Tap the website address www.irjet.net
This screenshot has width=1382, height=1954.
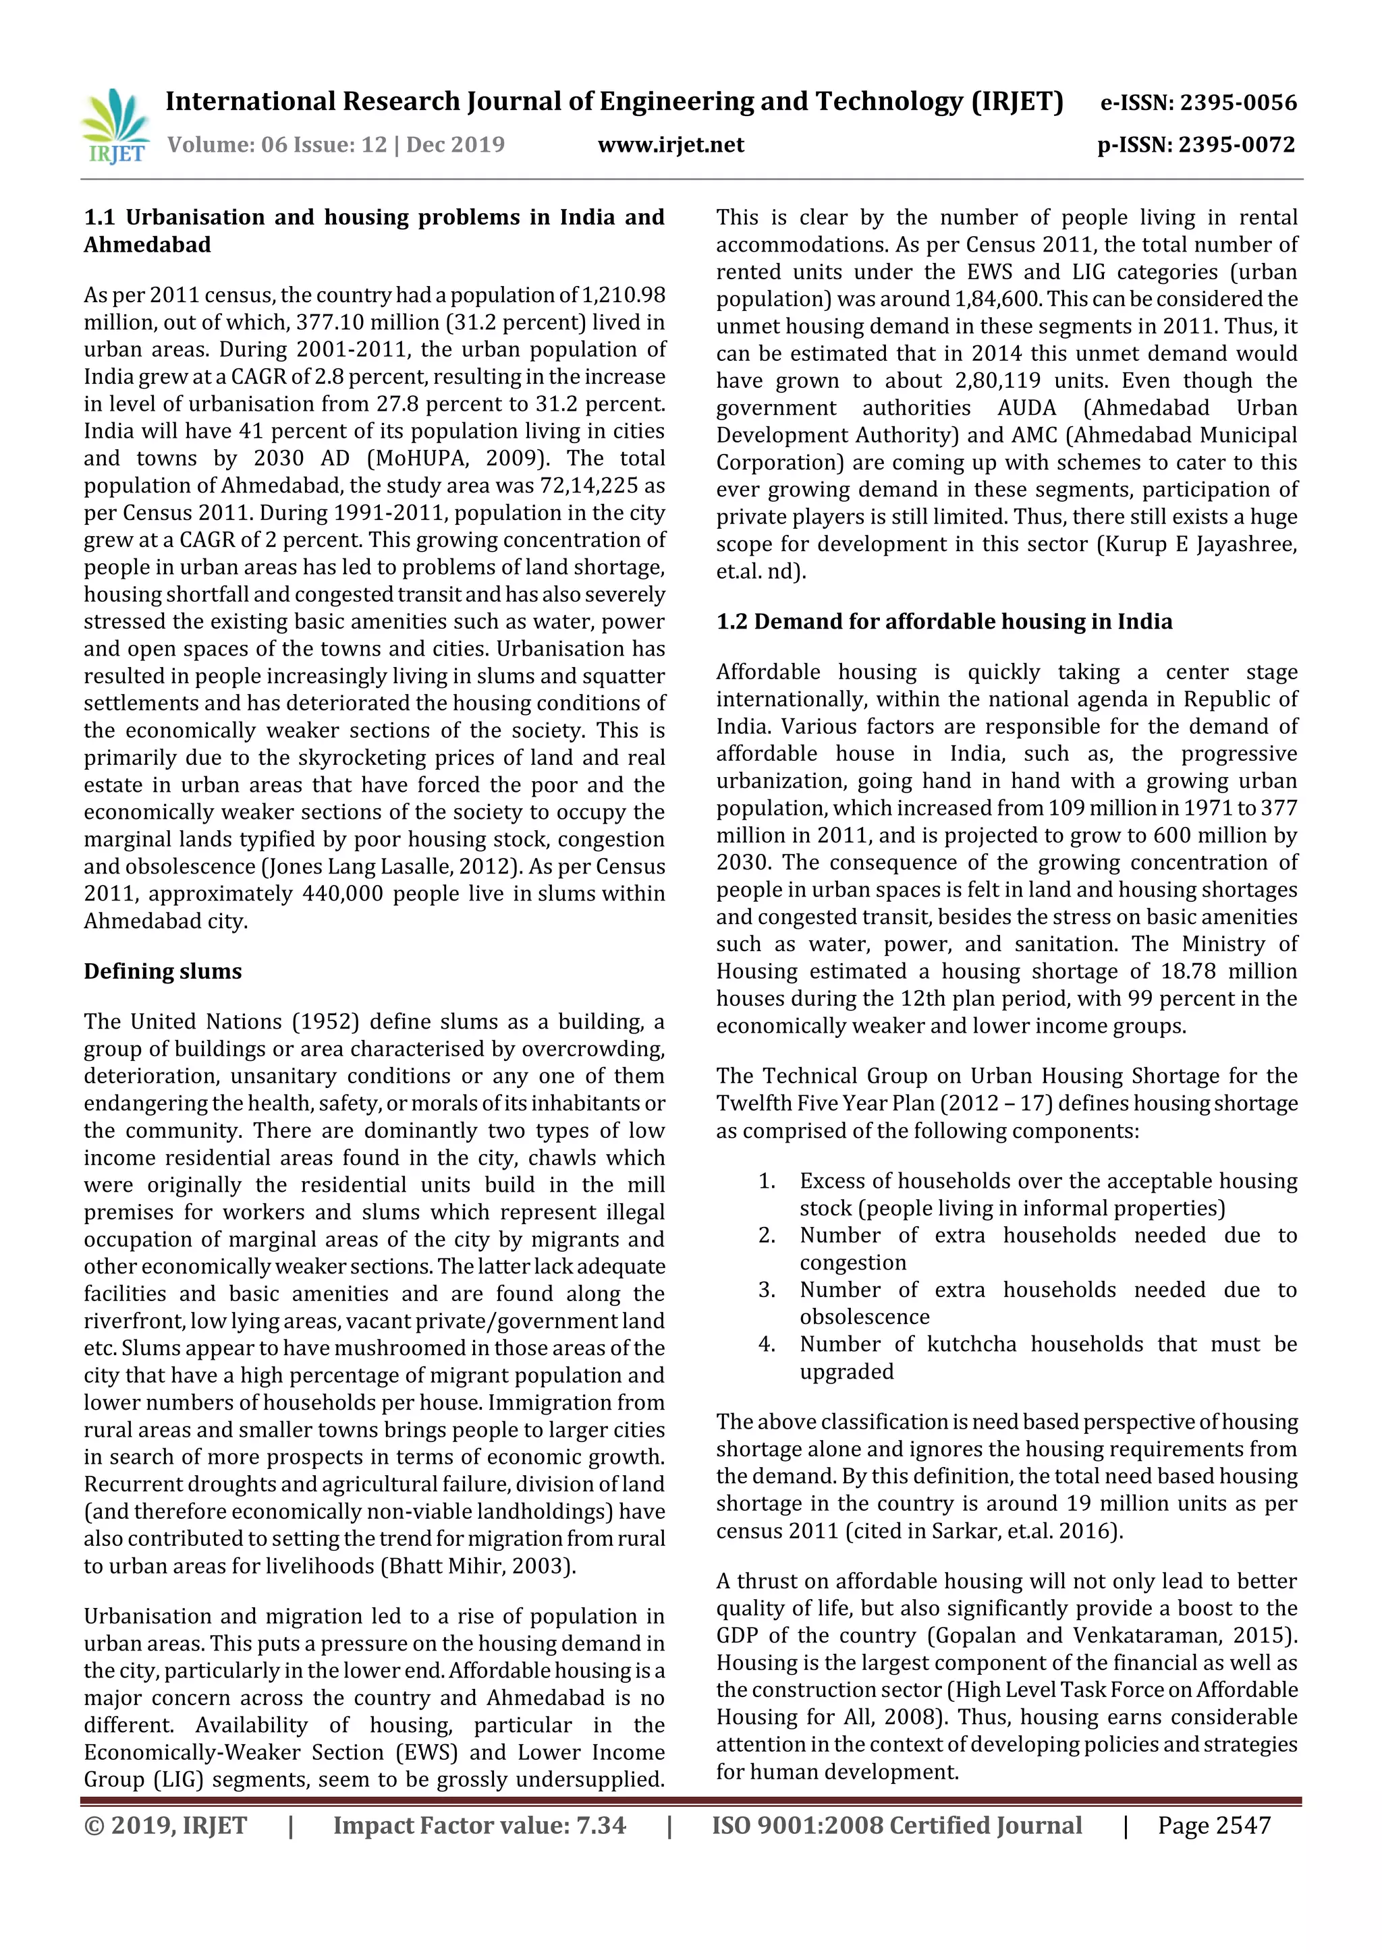tap(671, 144)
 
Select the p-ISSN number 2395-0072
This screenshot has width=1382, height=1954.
tap(1236, 144)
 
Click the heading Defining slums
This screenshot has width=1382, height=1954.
tap(163, 971)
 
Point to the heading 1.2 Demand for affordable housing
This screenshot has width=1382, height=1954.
tap(943, 621)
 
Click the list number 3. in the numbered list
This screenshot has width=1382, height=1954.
tap(767, 1290)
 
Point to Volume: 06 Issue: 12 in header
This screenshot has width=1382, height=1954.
tap(277, 144)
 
